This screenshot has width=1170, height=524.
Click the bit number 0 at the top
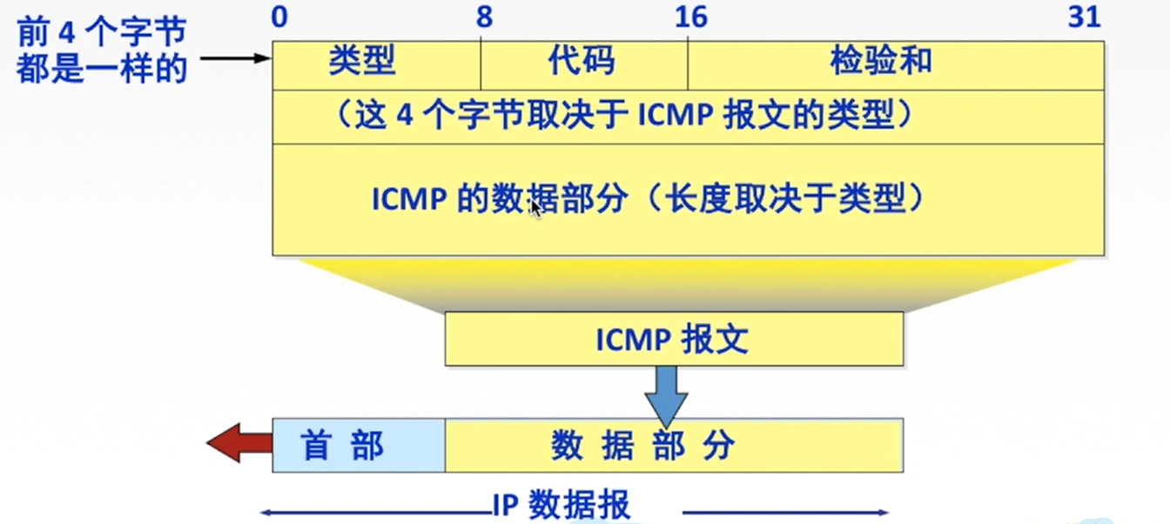click(279, 17)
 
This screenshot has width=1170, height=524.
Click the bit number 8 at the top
click(485, 17)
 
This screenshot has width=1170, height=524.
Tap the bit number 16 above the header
click(690, 17)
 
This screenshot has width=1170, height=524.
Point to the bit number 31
click(1085, 17)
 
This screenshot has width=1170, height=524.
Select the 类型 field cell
click(376, 64)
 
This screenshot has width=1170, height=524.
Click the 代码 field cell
click(583, 64)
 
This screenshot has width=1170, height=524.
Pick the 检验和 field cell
click(895, 64)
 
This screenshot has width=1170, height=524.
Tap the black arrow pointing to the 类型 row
click(236, 58)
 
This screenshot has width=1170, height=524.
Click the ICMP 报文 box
click(673, 339)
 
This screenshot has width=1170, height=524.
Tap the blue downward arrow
click(666, 392)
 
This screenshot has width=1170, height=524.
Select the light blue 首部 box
click(358, 446)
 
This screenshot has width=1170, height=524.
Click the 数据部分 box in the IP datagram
click(673, 446)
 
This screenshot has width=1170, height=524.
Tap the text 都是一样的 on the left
click(102, 70)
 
